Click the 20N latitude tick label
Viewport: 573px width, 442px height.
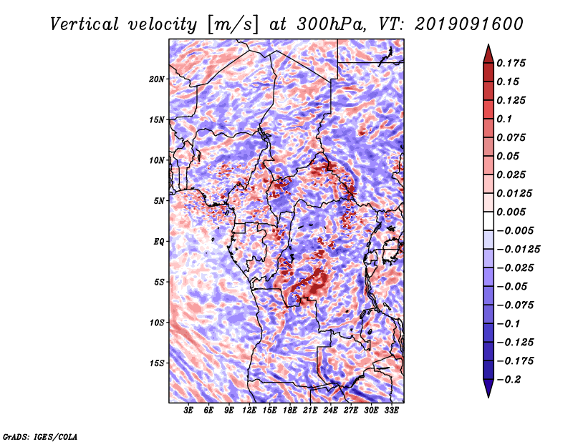click(157, 79)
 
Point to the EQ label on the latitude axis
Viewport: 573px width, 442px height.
click(158, 241)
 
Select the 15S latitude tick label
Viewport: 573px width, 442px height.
click(157, 363)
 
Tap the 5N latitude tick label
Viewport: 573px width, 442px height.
click(159, 201)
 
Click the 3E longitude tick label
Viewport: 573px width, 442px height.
click(188, 410)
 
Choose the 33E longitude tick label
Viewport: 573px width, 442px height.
click(391, 410)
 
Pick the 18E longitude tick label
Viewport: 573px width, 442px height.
click(290, 410)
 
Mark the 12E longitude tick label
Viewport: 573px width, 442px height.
click(249, 410)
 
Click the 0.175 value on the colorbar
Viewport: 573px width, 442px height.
click(511, 63)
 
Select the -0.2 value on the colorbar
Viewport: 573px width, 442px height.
click(509, 380)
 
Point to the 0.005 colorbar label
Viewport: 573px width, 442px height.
click(511, 212)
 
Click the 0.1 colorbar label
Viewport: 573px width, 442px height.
click(504, 119)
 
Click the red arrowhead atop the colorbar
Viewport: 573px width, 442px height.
click(488, 54)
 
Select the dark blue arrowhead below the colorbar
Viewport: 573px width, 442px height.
click(488, 388)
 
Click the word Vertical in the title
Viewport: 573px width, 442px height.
click(85, 24)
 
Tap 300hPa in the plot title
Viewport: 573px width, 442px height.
click(331, 24)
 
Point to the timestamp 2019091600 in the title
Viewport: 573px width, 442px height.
click(469, 24)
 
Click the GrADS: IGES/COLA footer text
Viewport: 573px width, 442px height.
click(40, 437)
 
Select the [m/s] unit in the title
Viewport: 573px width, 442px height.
click(233, 25)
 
